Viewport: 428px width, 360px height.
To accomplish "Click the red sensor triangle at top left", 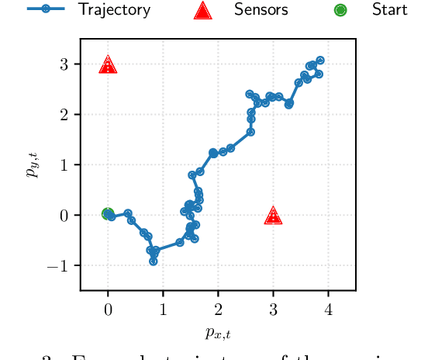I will (108, 64).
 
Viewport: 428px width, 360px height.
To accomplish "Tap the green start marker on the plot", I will (108, 214).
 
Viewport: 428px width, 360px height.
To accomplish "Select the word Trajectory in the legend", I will (114, 10).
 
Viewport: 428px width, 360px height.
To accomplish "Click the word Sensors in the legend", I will (261, 10).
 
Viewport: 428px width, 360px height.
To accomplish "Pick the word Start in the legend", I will (389, 10).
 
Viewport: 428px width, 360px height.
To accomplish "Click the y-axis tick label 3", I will (64, 64).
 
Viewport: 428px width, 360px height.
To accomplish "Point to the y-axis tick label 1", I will (64, 165).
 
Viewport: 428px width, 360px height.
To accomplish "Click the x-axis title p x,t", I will (218, 334).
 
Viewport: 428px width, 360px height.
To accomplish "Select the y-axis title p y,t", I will (33, 165).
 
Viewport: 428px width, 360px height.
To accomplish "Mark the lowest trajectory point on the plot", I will (154, 261).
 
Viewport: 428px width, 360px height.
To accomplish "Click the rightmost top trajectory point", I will (320, 61).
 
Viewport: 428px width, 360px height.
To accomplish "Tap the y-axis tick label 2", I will (64, 115).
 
